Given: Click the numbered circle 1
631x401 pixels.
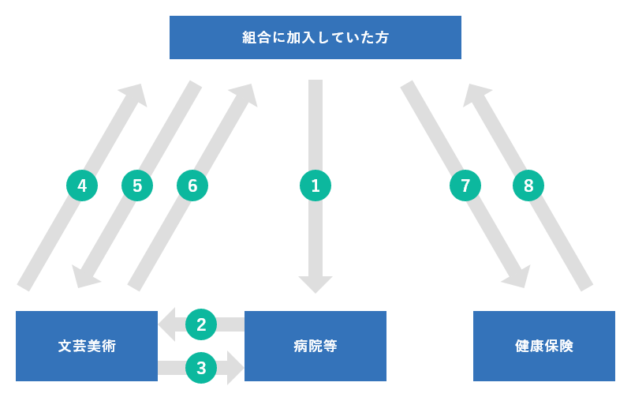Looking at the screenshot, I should click(x=315, y=186).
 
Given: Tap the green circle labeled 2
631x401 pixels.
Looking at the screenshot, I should click(x=201, y=324).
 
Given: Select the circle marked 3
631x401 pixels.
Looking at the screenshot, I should click(x=201, y=368).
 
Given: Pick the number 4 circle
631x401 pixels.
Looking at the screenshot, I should click(x=82, y=186).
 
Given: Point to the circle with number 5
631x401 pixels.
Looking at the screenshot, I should click(x=137, y=186).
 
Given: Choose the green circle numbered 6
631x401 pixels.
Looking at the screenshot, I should click(x=192, y=186).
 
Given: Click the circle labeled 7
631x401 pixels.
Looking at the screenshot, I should click(x=465, y=186).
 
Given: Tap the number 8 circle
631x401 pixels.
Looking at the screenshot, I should click(x=528, y=186).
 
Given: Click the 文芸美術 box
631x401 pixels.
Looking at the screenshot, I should click(x=87, y=346).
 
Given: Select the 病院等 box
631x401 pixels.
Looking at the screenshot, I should click(x=315, y=346).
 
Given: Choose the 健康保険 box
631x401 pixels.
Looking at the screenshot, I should click(x=544, y=346).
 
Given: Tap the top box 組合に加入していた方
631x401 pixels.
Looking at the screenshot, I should click(x=315, y=37).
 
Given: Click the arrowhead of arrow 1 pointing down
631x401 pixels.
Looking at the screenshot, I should click(x=315, y=283).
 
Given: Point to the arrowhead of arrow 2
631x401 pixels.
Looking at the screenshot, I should click(x=167, y=324).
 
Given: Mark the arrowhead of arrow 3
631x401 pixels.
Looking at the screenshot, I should click(x=235, y=368).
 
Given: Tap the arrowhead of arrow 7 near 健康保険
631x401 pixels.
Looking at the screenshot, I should click(x=519, y=277).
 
